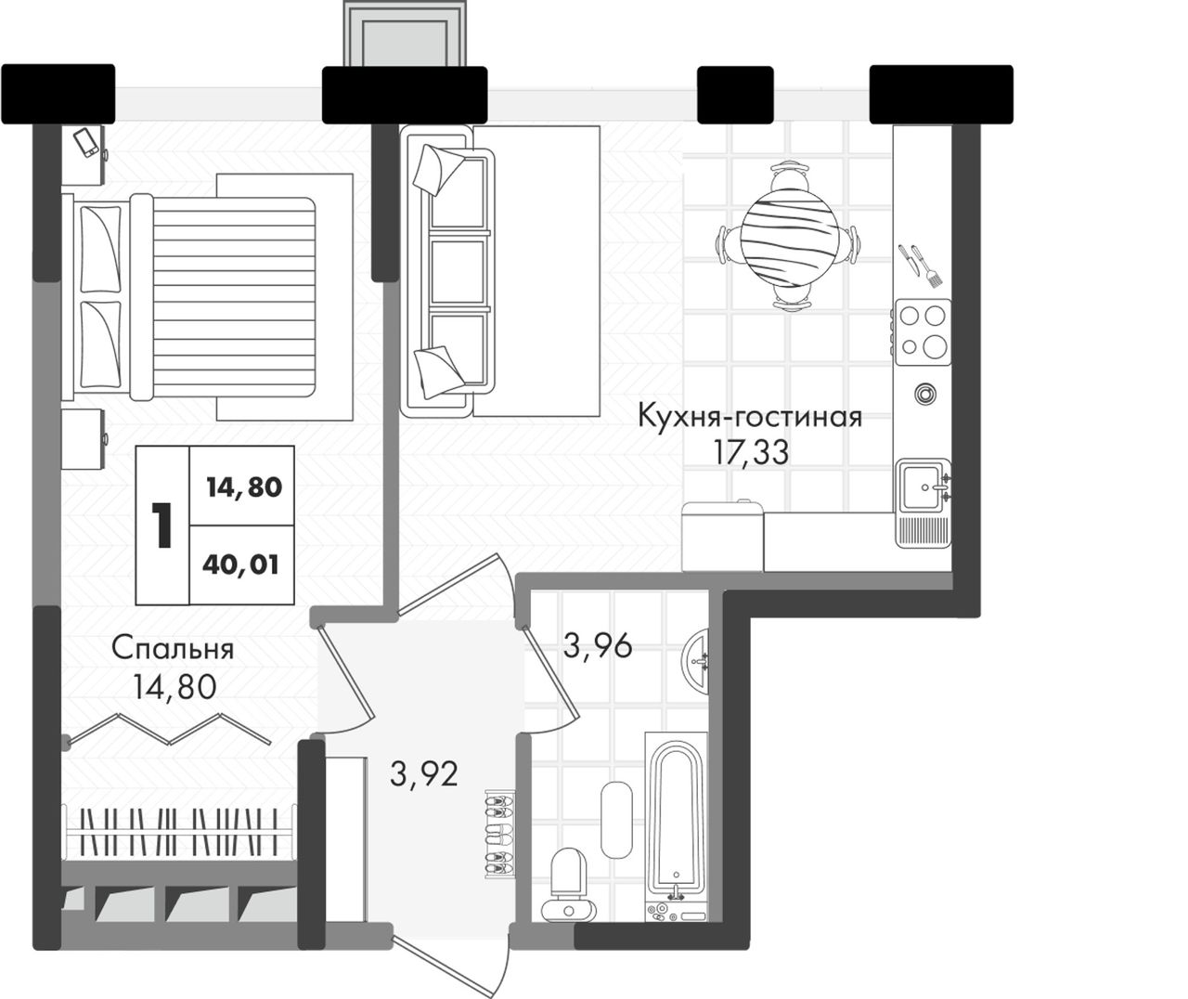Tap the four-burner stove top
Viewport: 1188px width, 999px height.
(x=923, y=331)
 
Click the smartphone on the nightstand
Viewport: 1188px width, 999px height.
(x=86, y=142)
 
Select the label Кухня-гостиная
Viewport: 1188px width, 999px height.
(x=749, y=417)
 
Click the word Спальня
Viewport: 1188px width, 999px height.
(x=173, y=649)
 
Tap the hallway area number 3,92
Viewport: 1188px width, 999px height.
(x=424, y=774)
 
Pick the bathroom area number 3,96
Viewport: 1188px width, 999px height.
(x=598, y=646)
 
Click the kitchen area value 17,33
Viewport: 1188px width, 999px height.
(x=752, y=452)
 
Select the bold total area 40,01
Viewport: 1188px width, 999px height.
(x=240, y=564)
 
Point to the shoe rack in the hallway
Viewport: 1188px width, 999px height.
(x=499, y=834)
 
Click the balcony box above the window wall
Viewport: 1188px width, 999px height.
(x=405, y=34)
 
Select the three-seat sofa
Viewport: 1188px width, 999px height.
(x=447, y=271)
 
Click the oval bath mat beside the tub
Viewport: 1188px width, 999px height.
(x=617, y=820)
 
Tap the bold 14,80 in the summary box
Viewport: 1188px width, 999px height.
(x=244, y=487)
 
